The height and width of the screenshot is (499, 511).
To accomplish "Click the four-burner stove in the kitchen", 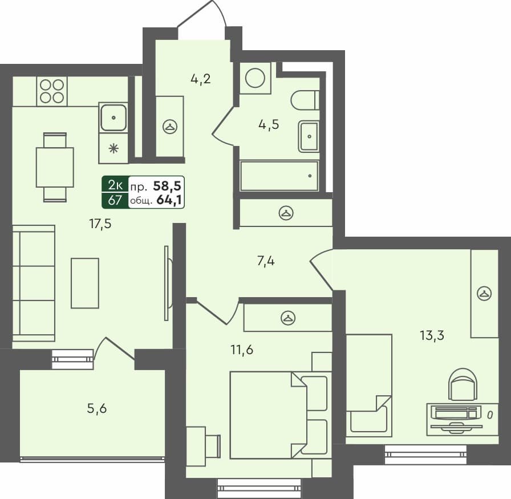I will point(52,91).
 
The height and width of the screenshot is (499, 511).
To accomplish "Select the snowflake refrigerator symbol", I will point(113,149).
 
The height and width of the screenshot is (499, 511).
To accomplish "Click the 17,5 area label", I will point(100,224).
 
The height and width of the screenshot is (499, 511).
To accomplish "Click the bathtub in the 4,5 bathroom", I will point(279,176).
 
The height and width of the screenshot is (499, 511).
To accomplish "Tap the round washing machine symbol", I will point(255,78).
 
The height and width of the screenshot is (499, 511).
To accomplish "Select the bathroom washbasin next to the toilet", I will point(309,136).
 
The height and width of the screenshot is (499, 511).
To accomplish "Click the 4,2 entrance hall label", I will point(201,79).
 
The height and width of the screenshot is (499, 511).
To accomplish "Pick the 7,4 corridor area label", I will point(266,262).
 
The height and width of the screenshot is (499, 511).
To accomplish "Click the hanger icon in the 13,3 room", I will point(484,294).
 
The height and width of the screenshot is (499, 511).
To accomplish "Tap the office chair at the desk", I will point(463,384).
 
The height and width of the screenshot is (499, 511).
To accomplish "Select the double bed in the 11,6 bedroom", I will point(268,415).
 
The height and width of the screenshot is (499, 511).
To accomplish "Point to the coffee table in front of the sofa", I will point(85,283).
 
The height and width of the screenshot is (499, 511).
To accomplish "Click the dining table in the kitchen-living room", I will point(55,167).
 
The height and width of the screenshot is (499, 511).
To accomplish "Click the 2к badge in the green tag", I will point(115,185).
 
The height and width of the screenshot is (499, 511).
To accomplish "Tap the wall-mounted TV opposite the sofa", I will point(167,282).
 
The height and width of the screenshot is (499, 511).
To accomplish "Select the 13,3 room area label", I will point(432,335).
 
